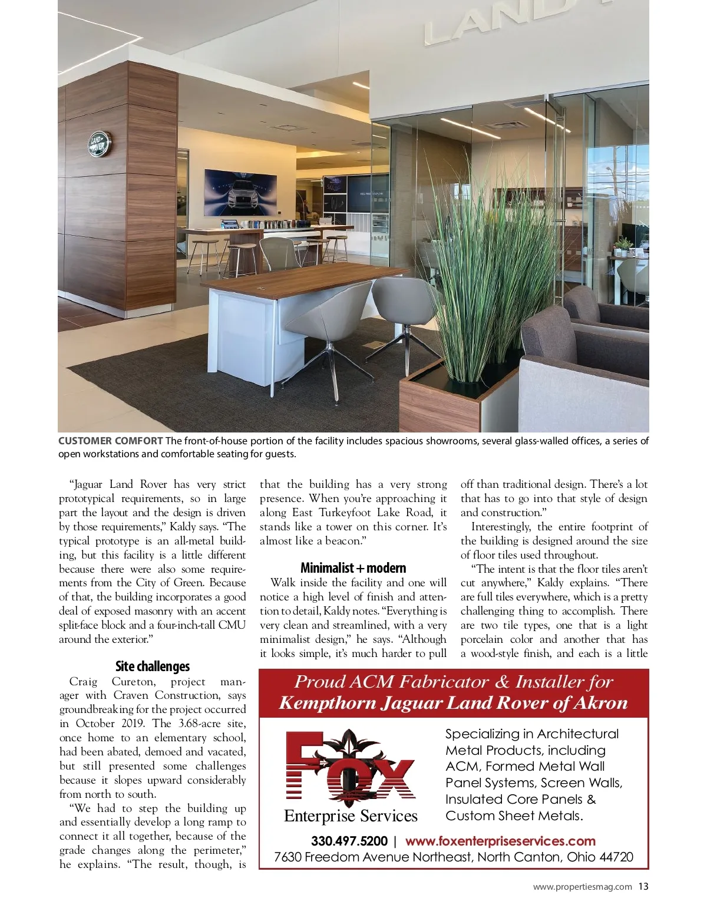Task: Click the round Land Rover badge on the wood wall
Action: pos(98,144)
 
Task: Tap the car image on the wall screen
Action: pos(240,192)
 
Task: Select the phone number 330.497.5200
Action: pos(349,841)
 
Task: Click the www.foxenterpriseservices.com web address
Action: pos(500,841)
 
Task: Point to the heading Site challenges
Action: pos(153,666)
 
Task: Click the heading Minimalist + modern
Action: pos(353,568)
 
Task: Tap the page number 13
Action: pos(643,886)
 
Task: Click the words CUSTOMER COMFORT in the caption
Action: pos(110,441)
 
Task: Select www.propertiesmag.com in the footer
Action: pos(582,886)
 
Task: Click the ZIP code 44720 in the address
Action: pos(616,857)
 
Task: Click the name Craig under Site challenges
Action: pos(84,682)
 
